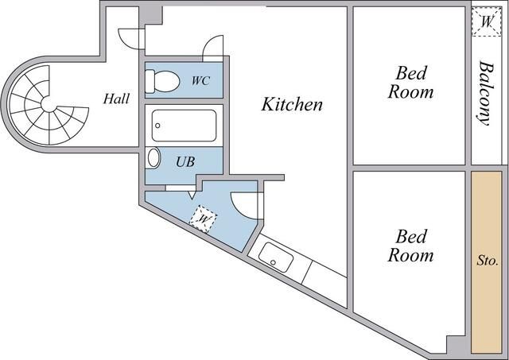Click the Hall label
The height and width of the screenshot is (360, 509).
[116, 99]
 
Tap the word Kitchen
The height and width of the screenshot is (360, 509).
[293, 104]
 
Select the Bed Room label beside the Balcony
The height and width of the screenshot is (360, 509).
[410, 83]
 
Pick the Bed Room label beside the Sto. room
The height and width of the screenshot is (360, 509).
[410, 246]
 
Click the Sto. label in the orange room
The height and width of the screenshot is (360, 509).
[487, 260]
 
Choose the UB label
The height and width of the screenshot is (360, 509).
[185, 161]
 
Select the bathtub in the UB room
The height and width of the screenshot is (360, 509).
[185, 125]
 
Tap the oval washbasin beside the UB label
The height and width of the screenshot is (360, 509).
[154, 157]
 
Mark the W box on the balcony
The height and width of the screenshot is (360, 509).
[486, 23]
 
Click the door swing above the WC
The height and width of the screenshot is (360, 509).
[212, 48]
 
